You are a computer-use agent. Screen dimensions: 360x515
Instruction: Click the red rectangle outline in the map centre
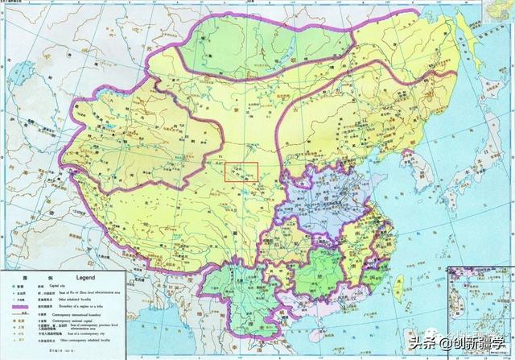241,174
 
